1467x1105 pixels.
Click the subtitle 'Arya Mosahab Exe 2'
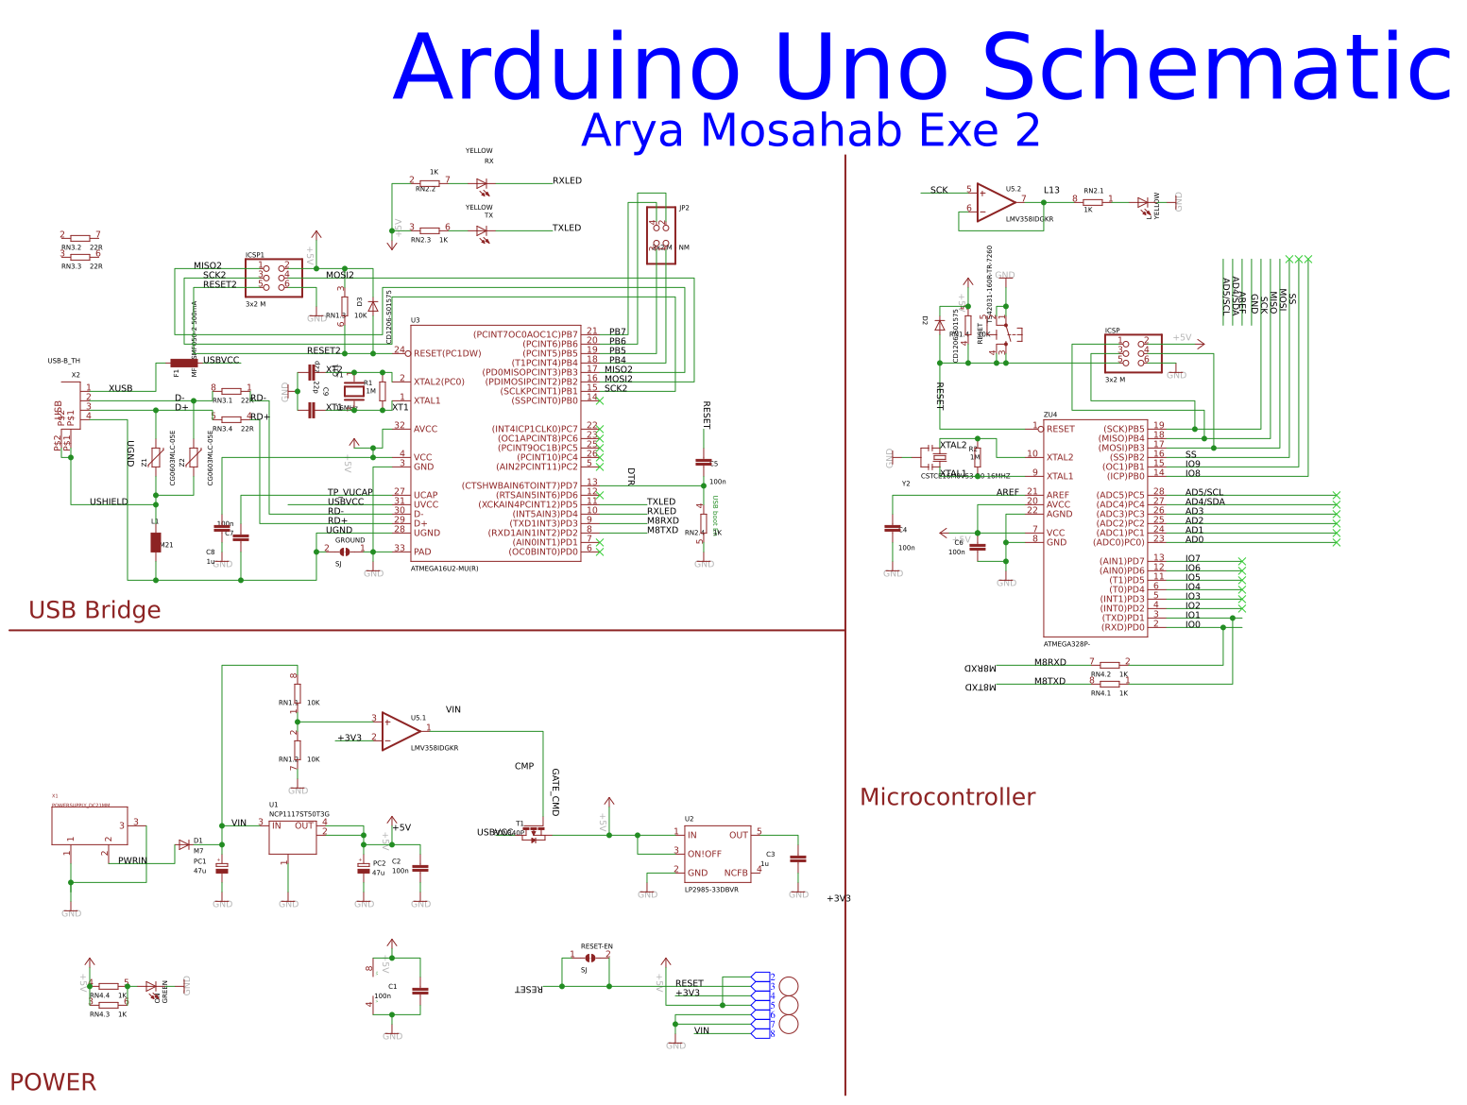[x=810, y=130]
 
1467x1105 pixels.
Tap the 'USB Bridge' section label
[x=94, y=610]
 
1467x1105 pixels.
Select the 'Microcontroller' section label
[x=947, y=797]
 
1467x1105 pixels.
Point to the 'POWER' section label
[x=53, y=1081]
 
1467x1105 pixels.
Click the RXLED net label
[x=567, y=180]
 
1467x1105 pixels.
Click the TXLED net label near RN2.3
[x=567, y=228]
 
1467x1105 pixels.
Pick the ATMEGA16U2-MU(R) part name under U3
[x=444, y=569]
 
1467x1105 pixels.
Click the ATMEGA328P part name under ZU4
[x=1066, y=644]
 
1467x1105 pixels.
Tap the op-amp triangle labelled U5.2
[x=994, y=202]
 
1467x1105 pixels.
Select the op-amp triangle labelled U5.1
[x=400, y=731]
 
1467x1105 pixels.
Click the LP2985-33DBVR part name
[x=711, y=890]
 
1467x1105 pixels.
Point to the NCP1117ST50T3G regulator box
[x=292, y=837]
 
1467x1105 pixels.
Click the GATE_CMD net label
[x=555, y=792]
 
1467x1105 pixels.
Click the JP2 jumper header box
[x=660, y=235]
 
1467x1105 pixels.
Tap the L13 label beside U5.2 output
[x=1051, y=190]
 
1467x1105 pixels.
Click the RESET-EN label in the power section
[x=596, y=946]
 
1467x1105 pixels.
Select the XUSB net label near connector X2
[x=120, y=388]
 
